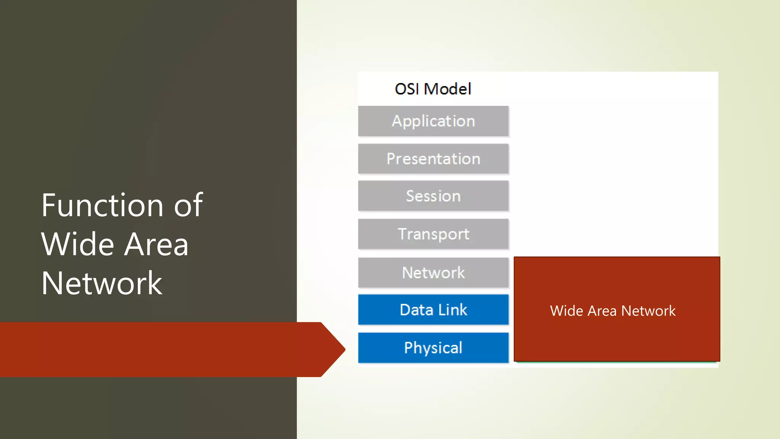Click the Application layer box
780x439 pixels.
pos(433,121)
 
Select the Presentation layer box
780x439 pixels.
pos(433,159)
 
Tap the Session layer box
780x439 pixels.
pos(433,196)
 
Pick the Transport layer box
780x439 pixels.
pos(433,234)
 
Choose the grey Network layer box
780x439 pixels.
pos(433,272)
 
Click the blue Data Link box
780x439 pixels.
pos(433,309)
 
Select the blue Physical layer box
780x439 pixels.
pos(433,348)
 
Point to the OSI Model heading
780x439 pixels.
pos(433,89)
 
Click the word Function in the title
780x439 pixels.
pos(102,205)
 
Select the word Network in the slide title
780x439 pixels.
pos(102,284)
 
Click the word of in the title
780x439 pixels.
pos(188,205)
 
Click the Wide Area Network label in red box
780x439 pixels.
pos(612,311)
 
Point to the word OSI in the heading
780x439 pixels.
pos(407,89)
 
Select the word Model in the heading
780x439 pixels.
pos(448,89)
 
